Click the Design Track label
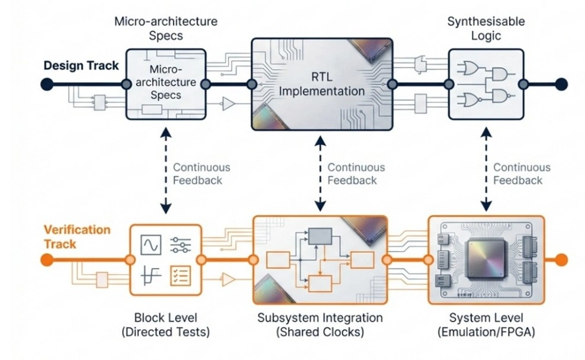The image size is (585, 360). tap(81, 66)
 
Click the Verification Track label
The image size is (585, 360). tap(76, 236)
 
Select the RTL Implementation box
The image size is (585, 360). tap(322, 84)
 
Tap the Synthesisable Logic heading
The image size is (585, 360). tap(486, 28)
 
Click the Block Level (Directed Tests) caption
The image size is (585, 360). tap(165, 324)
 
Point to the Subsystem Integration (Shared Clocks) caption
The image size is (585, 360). tap(320, 324)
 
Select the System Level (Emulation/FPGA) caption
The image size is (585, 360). tap(486, 324)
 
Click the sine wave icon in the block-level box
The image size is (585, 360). tap(150, 245)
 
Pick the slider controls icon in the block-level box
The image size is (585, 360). tap(180, 244)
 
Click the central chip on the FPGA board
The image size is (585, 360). tap(485, 259)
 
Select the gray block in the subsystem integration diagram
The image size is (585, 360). tap(320, 236)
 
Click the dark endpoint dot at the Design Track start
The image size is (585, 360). tap(47, 84)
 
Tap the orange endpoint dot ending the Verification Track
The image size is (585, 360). tap(561, 259)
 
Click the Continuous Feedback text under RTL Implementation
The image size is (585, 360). tap(356, 174)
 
